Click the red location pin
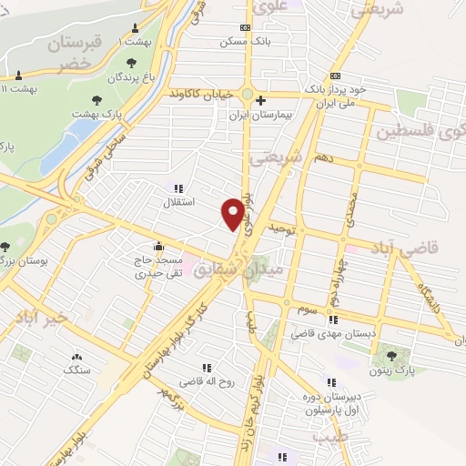coord(233,214)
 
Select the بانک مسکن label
coord(244,41)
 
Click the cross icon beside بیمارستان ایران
coord(260,100)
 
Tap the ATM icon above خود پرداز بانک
coord(337,76)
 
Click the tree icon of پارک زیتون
coord(391,355)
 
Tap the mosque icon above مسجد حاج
coord(158,246)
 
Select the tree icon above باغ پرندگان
coord(133,64)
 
